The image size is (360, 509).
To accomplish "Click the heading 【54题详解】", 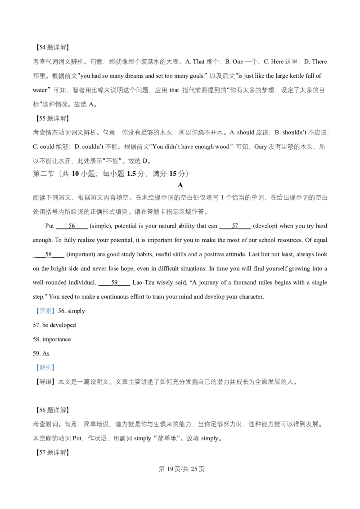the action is pos(51,47).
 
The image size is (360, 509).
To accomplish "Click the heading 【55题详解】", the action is pos(51,119).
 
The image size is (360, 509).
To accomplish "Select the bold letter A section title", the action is pos(180,185).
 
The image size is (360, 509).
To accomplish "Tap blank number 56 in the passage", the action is pos(72,226).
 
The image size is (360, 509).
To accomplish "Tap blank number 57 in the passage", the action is pos(235,226).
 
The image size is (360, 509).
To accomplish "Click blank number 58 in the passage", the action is pos(49,254).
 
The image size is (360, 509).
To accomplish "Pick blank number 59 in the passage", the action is pos(114,282).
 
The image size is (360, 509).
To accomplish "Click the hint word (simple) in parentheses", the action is pos(100,226).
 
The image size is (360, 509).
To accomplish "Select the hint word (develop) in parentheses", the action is pos(265,226).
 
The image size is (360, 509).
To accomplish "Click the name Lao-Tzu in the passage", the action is pos(143,282).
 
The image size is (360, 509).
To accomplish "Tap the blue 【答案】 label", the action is pos(45,311).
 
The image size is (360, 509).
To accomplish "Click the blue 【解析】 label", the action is pos(45,367).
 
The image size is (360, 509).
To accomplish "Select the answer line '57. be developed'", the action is pos(54,325).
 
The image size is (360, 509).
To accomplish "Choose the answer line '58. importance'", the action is pos(52,339).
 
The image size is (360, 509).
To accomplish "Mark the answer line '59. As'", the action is pos(41,353).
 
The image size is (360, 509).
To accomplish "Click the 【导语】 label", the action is pos(45,382).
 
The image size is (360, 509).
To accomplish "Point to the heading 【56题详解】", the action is pos(51,410).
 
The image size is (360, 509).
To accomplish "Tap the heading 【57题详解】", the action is pos(51,452).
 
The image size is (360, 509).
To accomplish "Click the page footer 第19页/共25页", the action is pos(181,469).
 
